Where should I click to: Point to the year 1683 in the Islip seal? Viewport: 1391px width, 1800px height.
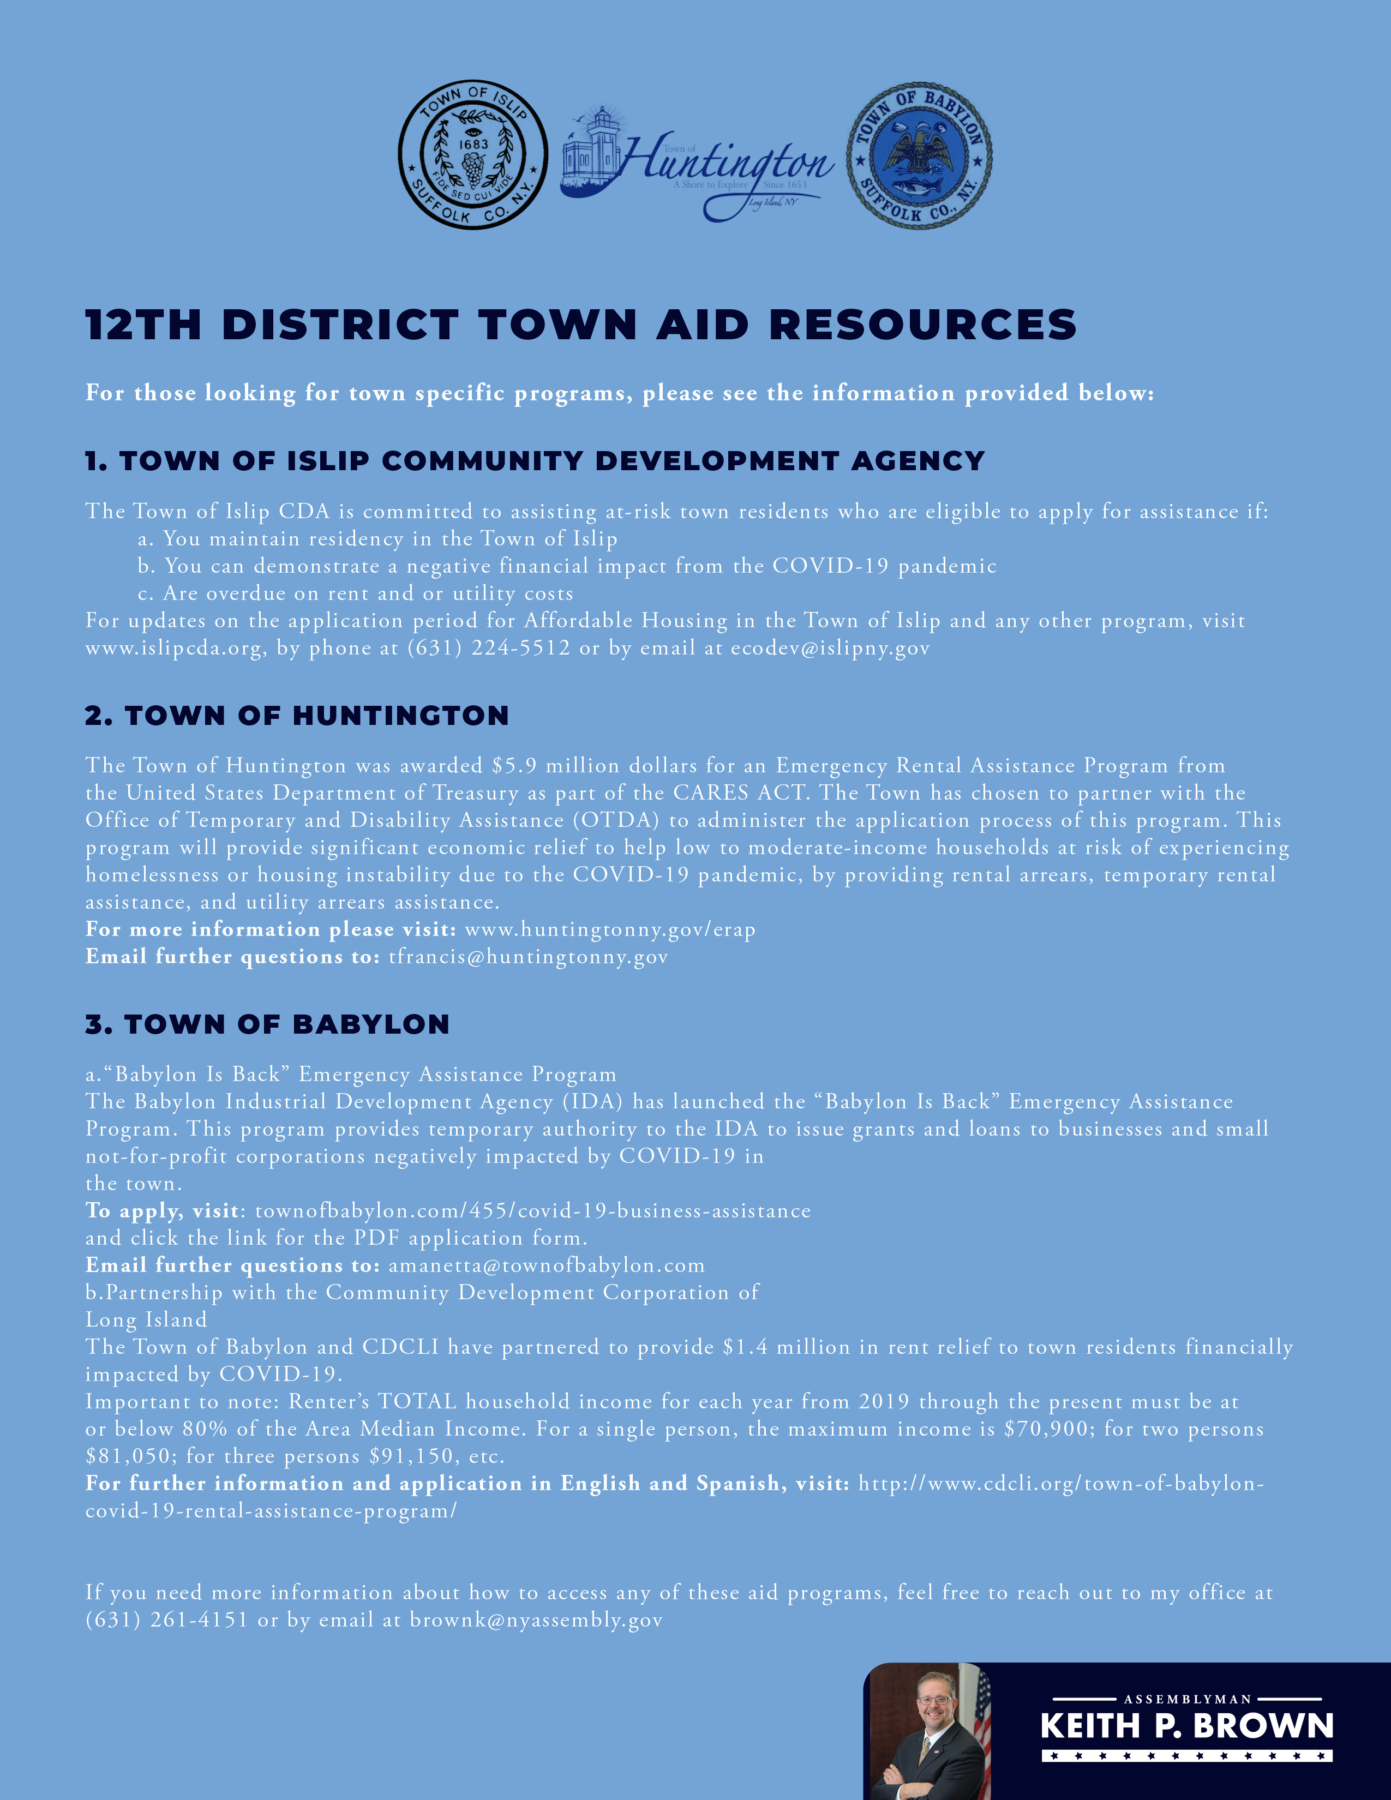coord(473,143)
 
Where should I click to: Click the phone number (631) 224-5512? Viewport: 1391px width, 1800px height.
coord(489,648)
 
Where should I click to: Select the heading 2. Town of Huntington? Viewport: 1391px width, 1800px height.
coord(297,716)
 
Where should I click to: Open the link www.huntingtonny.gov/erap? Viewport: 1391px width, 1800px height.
coord(610,929)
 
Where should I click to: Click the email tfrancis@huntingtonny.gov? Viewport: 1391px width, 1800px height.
coord(528,957)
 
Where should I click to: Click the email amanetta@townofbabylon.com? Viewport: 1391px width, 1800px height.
coord(547,1265)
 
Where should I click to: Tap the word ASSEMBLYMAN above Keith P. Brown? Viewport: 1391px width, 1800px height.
coord(1188,1700)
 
